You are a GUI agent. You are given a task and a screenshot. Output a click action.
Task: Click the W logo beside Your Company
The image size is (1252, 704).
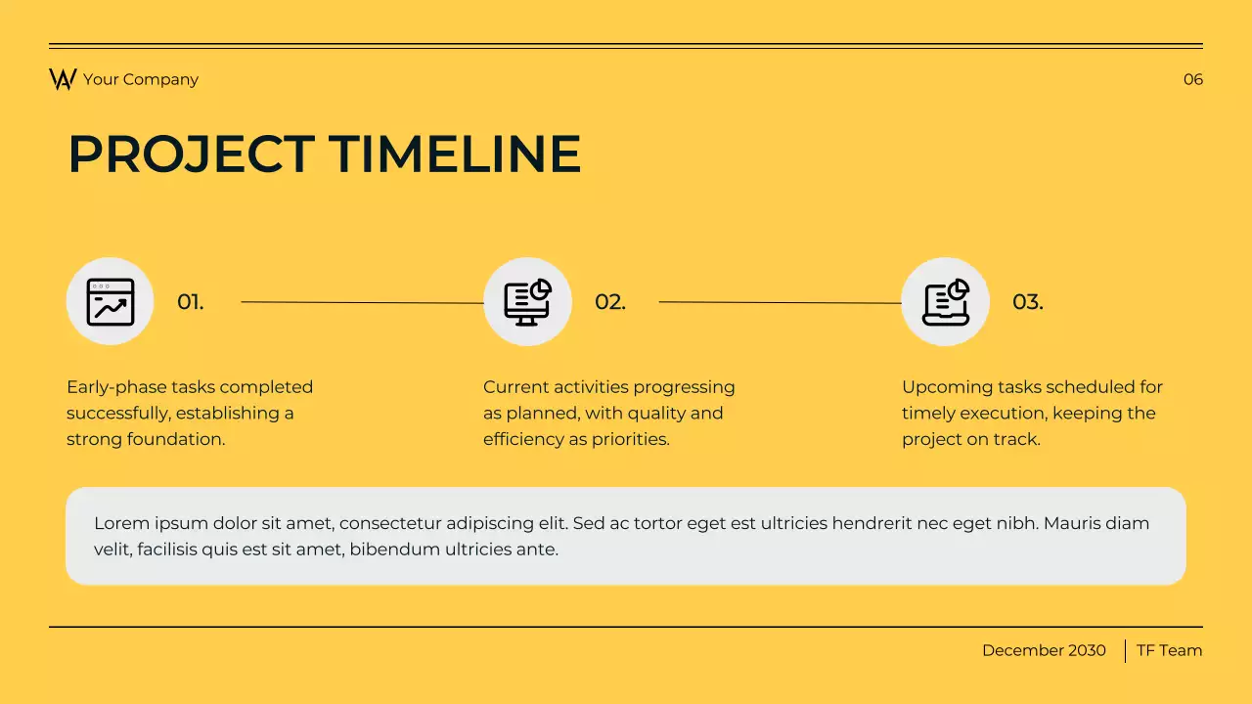tap(63, 79)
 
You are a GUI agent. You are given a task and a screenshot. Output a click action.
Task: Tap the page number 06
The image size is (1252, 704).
tap(1192, 79)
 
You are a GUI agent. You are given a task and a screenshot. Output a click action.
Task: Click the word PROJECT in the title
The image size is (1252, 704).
tap(191, 154)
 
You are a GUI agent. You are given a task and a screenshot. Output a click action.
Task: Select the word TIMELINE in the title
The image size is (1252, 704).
tap(455, 154)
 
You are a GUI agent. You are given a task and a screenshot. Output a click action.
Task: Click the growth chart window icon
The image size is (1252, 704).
tap(110, 301)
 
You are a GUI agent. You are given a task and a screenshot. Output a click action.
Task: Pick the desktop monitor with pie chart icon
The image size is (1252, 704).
tap(527, 301)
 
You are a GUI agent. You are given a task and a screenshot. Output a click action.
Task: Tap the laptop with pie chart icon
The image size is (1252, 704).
tap(945, 301)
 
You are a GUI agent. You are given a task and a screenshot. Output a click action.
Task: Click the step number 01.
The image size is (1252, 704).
tap(191, 302)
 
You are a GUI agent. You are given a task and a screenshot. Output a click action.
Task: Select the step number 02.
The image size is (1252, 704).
tap(609, 302)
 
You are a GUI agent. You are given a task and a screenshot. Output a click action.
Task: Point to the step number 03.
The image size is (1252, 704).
tap(1027, 302)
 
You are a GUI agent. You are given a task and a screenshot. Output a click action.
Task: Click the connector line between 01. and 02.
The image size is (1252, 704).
tap(362, 302)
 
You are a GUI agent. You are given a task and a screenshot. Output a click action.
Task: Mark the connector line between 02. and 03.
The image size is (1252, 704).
tap(780, 302)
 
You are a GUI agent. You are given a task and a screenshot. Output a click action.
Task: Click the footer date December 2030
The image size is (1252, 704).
tap(1044, 650)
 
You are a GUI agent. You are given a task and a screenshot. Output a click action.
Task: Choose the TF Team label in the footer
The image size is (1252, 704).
tap(1169, 650)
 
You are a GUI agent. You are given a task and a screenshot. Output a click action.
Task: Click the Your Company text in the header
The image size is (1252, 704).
tap(141, 79)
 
